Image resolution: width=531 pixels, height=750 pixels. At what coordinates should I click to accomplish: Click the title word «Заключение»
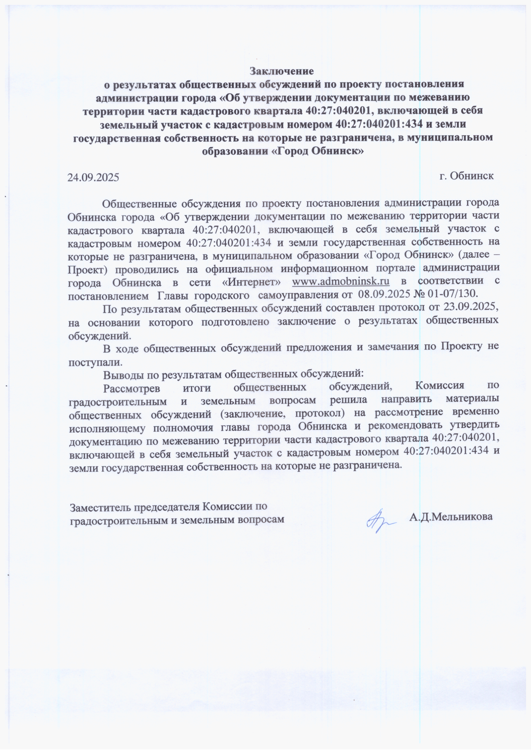[281, 71]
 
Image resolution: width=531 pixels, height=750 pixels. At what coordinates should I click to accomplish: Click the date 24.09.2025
[93, 178]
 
